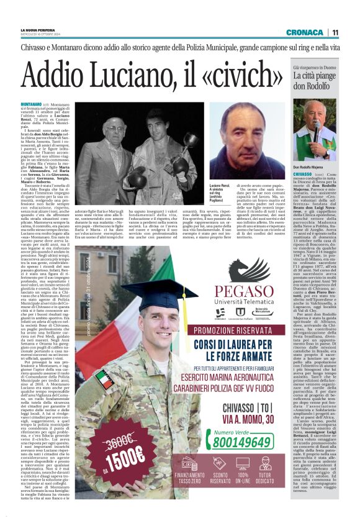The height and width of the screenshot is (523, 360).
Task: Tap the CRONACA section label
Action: [x=304, y=32]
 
